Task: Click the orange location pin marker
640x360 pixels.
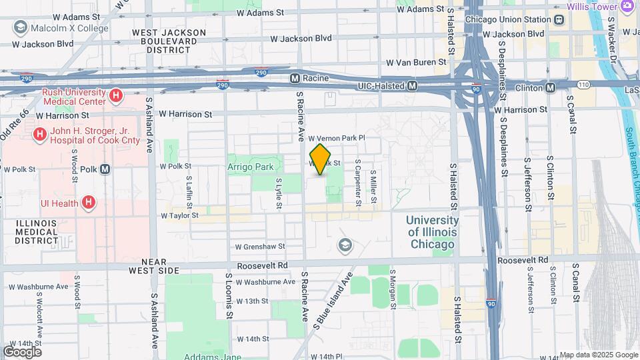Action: click(321, 159)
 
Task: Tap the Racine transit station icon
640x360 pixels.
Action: click(294, 79)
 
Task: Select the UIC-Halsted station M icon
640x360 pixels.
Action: click(413, 86)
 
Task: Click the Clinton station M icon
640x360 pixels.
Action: click(551, 87)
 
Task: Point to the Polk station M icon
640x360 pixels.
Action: click(105, 169)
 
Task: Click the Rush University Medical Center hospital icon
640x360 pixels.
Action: click(116, 96)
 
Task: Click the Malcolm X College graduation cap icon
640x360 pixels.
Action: click(20, 28)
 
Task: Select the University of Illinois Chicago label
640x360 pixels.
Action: click(432, 232)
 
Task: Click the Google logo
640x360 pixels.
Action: click(22, 351)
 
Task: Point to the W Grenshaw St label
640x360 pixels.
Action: click(259, 246)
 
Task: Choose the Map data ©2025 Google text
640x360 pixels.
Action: click(597, 355)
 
